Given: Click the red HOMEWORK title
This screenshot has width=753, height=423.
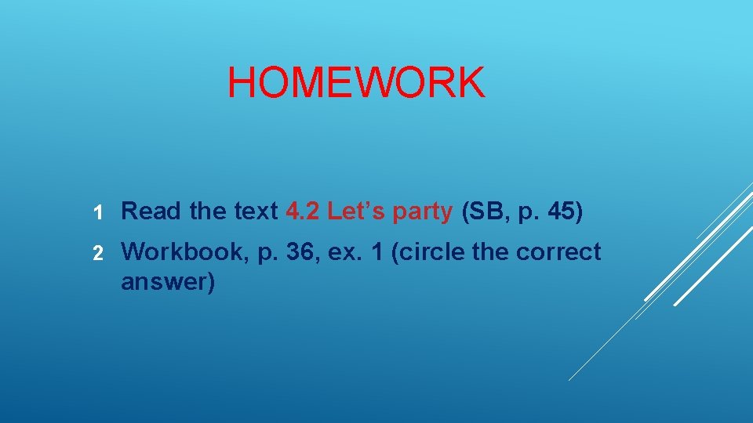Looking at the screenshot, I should [x=356, y=83].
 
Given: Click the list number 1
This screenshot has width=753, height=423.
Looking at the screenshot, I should [x=98, y=211].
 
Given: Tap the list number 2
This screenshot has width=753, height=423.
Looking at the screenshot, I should [x=98, y=253].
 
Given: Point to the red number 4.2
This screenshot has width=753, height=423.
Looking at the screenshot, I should [x=302, y=211].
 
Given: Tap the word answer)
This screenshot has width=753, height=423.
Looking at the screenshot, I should [x=167, y=282].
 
